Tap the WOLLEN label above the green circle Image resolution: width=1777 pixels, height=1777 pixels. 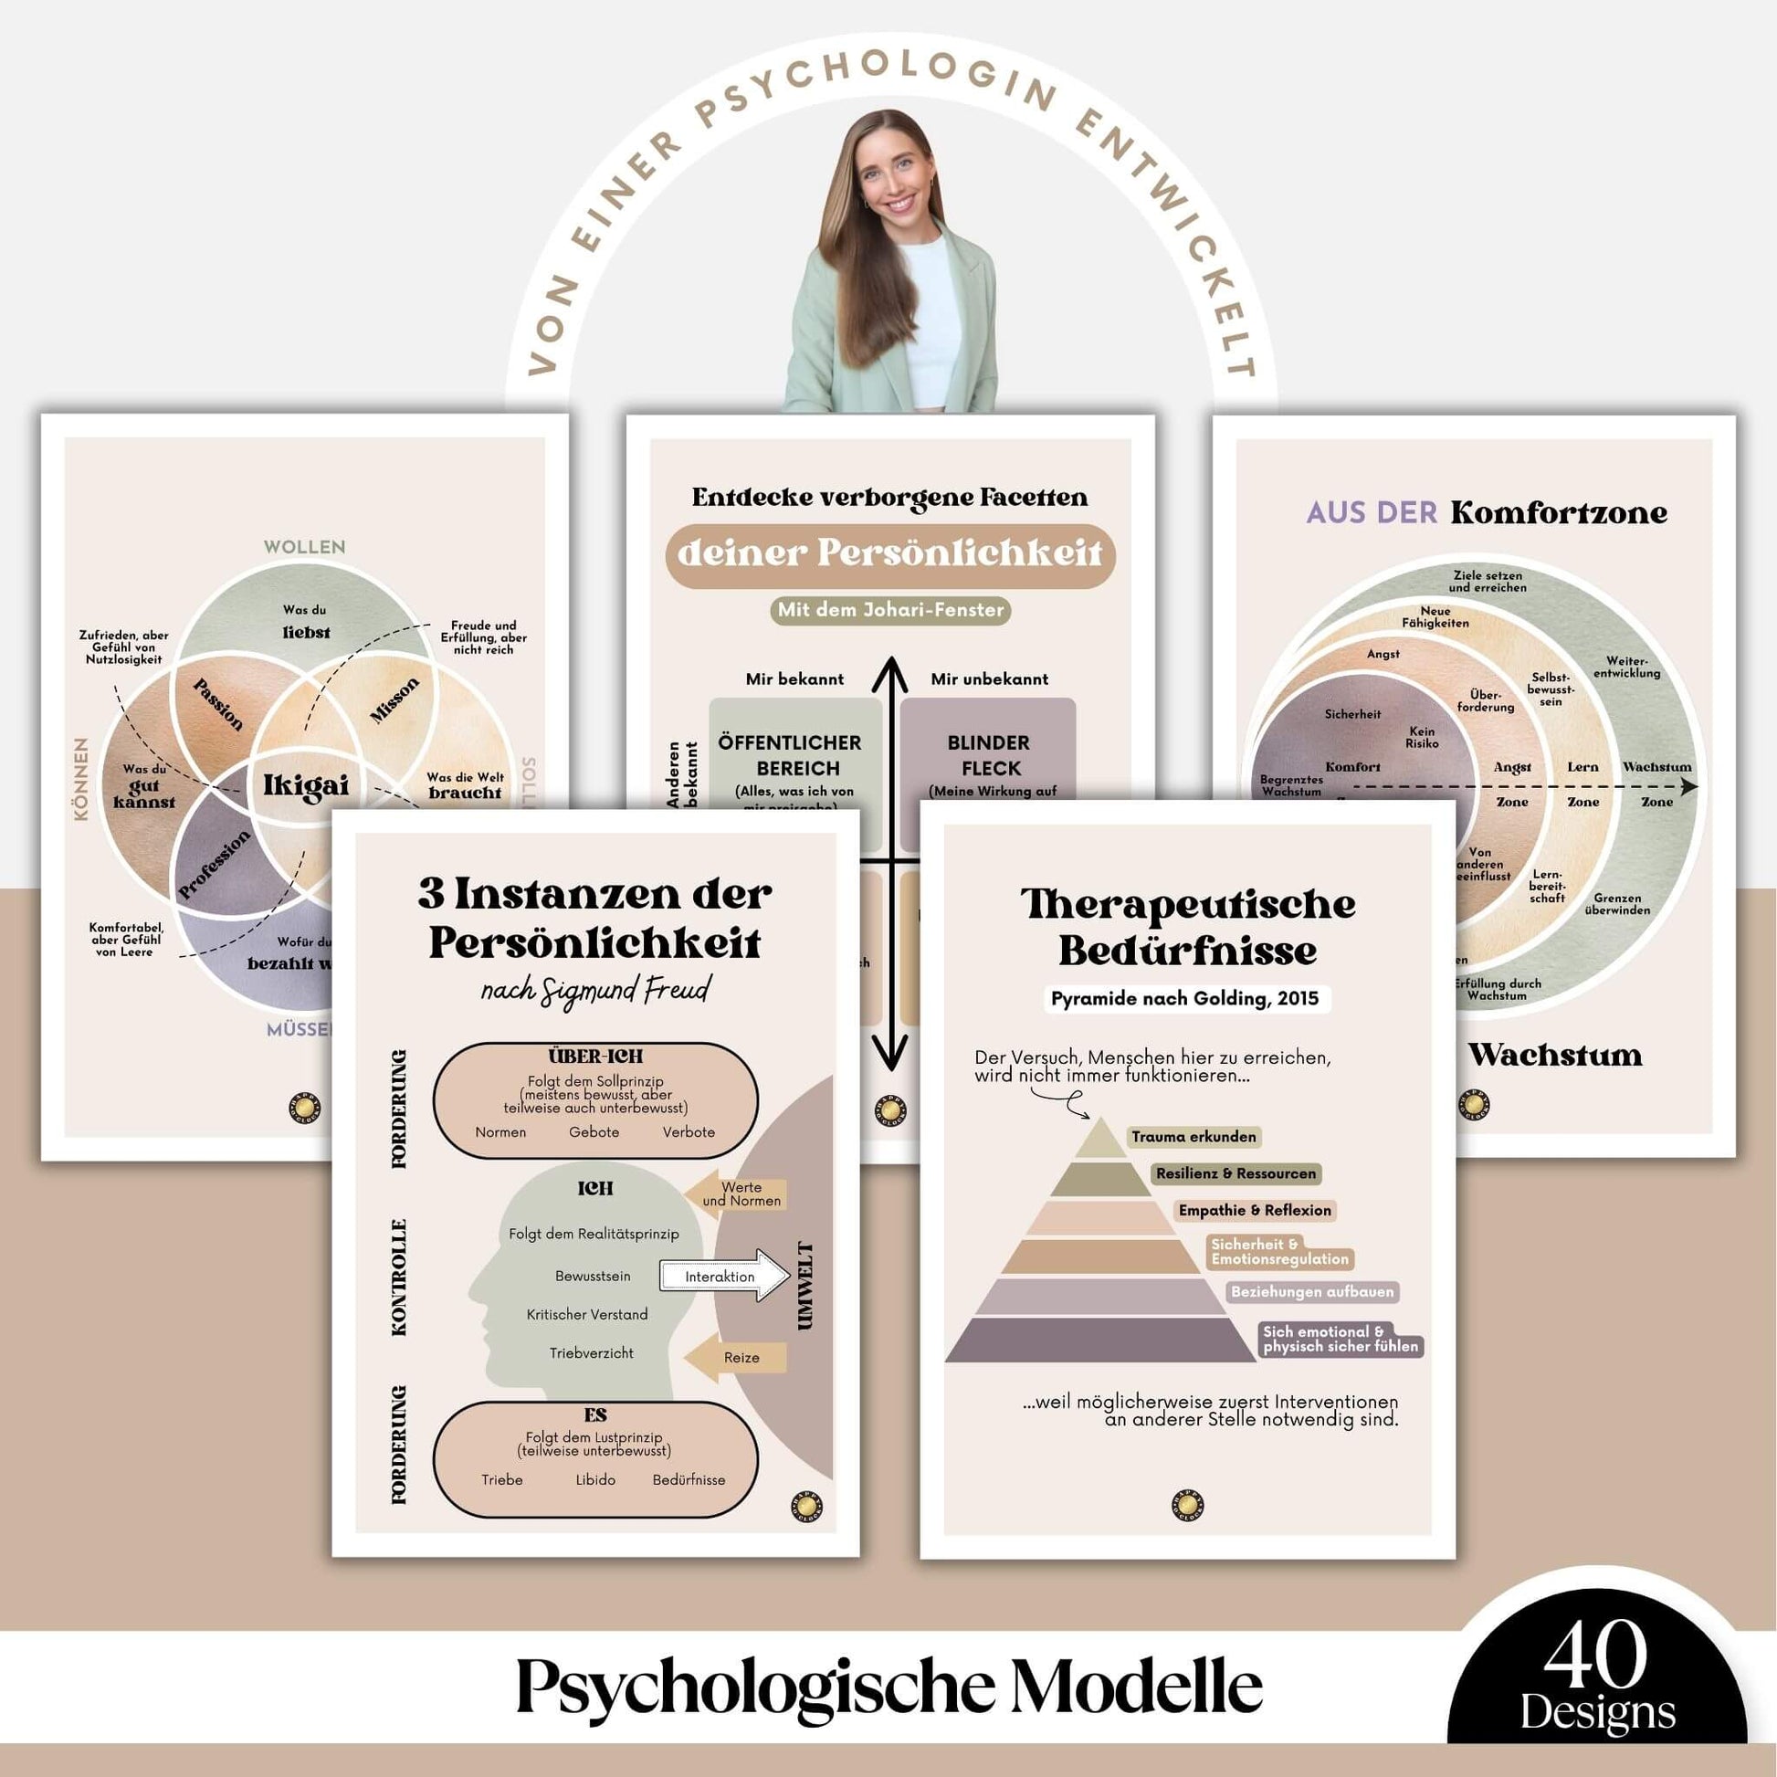click(304, 546)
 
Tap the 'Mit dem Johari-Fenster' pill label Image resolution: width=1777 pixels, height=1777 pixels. click(889, 610)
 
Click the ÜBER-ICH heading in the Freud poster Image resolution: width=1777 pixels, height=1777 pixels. click(595, 1056)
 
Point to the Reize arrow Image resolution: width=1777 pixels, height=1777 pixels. click(736, 1358)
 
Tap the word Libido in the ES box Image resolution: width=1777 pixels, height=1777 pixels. click(595, 1479)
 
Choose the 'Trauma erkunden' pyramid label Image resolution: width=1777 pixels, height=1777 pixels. click(1193, 1137)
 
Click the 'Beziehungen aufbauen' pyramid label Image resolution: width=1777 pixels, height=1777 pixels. click(1311, 1291)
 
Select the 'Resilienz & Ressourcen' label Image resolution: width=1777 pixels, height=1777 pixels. click(1235, 1173)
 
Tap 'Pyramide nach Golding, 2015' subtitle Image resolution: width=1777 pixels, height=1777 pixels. click(1184, 998)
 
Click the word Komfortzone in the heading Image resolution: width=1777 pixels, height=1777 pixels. click(1558, 512)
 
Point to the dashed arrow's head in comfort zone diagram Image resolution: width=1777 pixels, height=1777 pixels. click(1688, 786)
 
